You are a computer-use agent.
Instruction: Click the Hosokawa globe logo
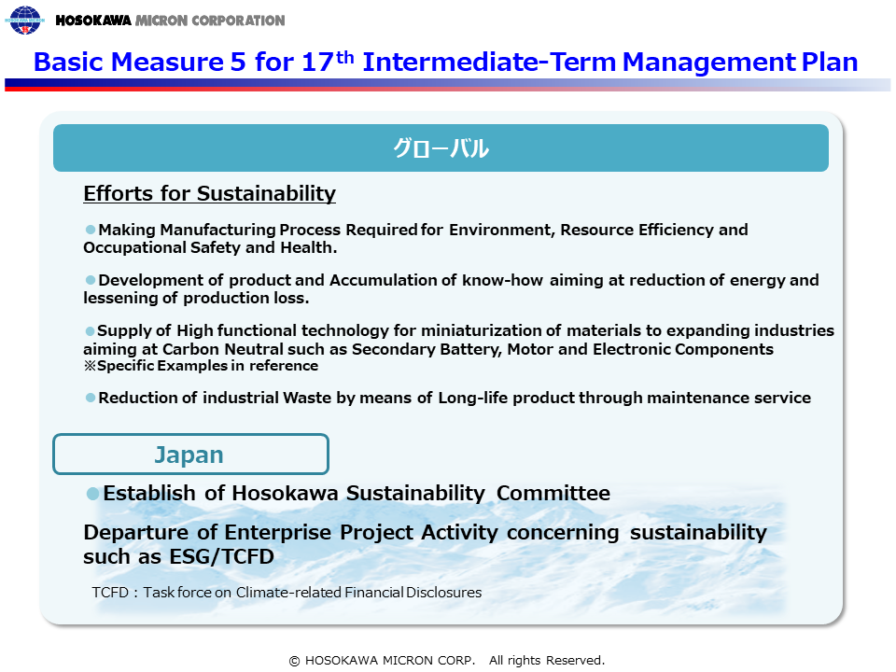[x=24, y=20]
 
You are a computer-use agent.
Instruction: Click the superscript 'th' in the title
[x=344, y=57]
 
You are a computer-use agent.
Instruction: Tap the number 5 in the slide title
[x=238, y=62]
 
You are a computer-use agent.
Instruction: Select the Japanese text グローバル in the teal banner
[x=441, y=148]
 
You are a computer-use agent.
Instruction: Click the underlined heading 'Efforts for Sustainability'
[x=209, y=193]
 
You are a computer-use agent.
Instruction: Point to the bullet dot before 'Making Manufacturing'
[x=91, y=230]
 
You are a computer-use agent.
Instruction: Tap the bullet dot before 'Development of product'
[x=91, y=279]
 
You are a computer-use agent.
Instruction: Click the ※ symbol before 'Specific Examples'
[x=90, y=366]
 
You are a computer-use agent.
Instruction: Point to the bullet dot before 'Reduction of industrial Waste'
[x=91, y=398]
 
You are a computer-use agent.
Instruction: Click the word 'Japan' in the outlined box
[x=189, y=455]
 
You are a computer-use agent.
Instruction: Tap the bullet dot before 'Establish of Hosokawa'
[x=92, y=493]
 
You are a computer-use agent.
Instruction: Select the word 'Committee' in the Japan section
[x=553, y=493]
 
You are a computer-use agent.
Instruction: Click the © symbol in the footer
[x=294, y=661]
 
